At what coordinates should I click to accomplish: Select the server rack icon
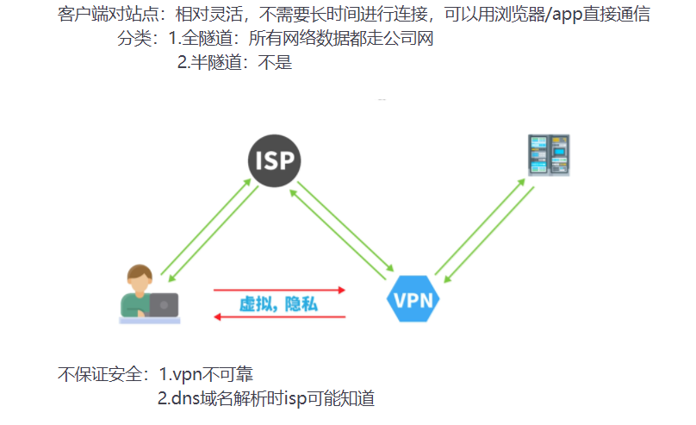549,155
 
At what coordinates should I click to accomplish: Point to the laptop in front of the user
163,304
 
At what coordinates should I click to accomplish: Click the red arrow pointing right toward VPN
279,290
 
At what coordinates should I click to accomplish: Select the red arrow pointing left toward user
279,317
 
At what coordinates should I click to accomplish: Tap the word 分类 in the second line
134,40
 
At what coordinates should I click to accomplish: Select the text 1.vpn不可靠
206,375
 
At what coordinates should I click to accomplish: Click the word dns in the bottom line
184,399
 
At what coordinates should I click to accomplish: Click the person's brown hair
140,273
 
